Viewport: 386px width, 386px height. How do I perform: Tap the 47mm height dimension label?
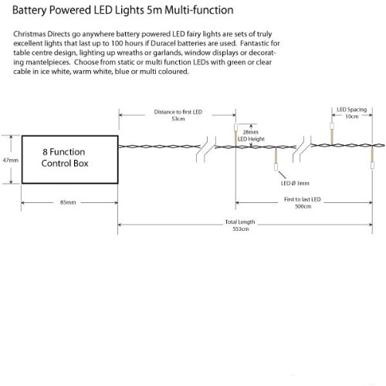[11, 161]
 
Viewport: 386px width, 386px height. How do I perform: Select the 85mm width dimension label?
[68, 202]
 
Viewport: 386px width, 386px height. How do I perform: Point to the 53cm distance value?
[178, 119]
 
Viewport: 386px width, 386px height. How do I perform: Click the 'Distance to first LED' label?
[178, 112]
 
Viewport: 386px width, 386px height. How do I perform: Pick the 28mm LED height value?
[250, 132]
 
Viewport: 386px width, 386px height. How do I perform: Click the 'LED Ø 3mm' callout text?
[295, 183]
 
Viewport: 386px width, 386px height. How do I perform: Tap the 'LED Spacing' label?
[352, 110]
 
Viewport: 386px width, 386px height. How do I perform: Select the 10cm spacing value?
[352, 117]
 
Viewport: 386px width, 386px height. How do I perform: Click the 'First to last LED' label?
[303, 199]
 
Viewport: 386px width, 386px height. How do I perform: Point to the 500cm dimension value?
[303, 206]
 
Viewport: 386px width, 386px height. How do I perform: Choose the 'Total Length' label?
[240, 222]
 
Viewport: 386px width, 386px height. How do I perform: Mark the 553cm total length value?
[241, 229]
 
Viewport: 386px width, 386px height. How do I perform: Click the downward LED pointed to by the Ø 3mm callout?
[276, 167]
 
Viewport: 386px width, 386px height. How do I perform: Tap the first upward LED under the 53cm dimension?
[235, 127]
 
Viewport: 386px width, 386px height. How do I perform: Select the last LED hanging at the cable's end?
[372, 165]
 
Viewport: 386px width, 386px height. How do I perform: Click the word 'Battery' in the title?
[29, 11]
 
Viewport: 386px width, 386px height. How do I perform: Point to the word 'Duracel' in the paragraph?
[163, 43]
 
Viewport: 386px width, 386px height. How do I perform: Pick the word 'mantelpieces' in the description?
[48, 63]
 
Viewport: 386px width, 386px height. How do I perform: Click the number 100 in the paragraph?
[117, 43]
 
